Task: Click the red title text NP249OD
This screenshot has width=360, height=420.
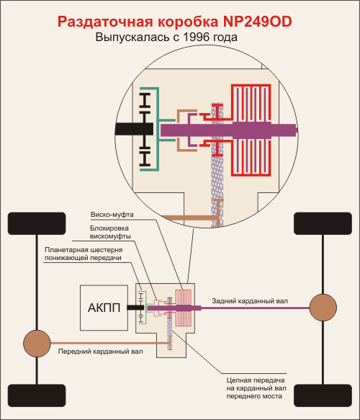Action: tap(257, 22)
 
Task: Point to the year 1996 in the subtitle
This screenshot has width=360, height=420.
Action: tap(196, 37)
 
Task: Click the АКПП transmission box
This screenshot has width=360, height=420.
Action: tap(104, 308)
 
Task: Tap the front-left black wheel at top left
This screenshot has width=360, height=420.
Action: tap(37, 223)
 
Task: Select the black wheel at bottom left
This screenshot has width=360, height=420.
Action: tap(37, 396)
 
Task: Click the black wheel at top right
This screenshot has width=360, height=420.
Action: tap(323, 223)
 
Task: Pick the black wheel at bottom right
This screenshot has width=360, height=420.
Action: tap(323, 396)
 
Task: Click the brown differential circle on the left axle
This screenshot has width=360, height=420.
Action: tap(37, 343)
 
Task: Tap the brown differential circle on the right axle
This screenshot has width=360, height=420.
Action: tap(323, 308)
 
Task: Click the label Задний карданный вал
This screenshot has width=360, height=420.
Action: tap(250, 301)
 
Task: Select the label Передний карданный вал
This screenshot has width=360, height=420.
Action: tap(100, 352)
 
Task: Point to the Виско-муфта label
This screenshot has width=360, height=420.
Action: tap(112, 215)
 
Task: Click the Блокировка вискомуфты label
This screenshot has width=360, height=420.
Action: tap(110, 232)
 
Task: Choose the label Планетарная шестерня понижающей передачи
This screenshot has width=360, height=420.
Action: tap(84, 254)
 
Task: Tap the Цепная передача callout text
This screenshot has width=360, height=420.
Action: tap(256, 388)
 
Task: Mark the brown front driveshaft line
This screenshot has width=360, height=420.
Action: tap(109, 343)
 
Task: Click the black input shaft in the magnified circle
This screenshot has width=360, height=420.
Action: tap(134, 129)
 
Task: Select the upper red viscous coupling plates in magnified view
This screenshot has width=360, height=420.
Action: tap(251, 103)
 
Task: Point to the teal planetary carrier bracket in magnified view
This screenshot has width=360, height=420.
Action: tap(158, 129)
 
